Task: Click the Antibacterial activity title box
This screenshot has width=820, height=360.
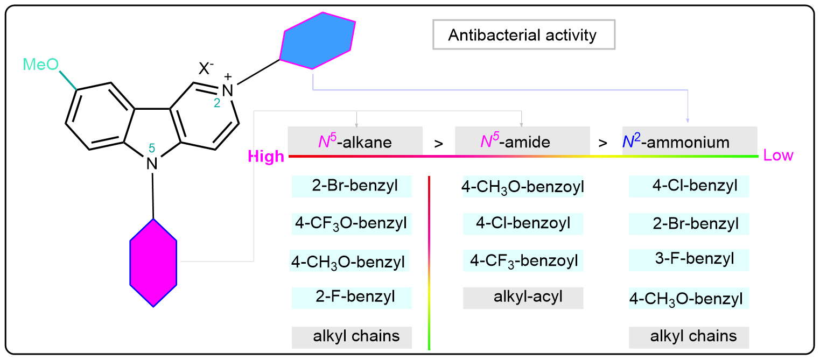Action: [x=523, y=36]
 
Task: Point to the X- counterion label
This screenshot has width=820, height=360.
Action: [x=205, y=68]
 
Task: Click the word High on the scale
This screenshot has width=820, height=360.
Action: [x=265, y=157]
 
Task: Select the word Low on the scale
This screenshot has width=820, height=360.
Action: [x=779, y=156]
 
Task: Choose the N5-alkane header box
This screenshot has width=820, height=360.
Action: [x=355, y=142]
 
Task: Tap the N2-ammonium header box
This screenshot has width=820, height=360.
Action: [x=690, y=142]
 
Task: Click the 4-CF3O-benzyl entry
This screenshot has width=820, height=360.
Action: [x=351, y=222]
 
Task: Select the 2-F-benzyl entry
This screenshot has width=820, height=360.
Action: [x=352, y=297]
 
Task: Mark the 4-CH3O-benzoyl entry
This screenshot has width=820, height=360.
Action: [x=523, y=187]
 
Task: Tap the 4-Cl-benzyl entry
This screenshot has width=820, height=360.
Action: [x=689, y=187]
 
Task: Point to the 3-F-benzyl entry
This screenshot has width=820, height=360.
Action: [x=689, y=260]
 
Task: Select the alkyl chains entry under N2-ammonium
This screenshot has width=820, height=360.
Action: [x=689, y=337]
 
